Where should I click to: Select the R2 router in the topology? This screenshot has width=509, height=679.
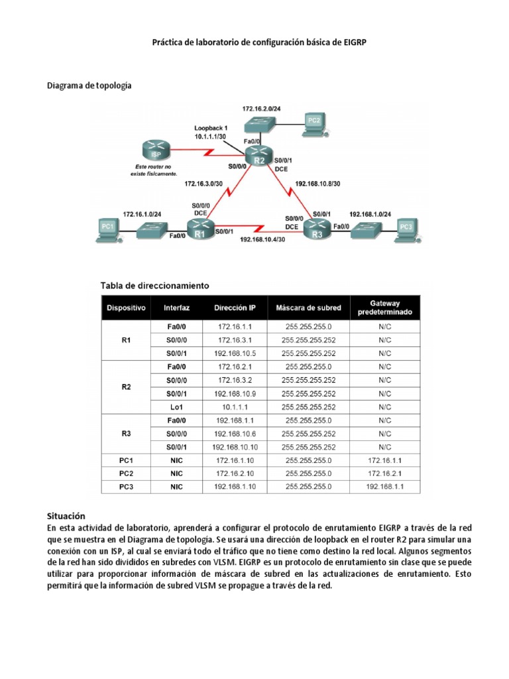(259, 156)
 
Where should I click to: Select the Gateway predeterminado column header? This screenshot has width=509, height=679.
(384, 307)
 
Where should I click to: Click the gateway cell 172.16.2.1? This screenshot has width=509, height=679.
(384, 473)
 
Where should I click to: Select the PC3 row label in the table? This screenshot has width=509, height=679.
(127, 487)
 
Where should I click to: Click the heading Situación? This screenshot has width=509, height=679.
(67, 515)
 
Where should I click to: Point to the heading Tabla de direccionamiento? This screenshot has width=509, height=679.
(154, 285)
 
